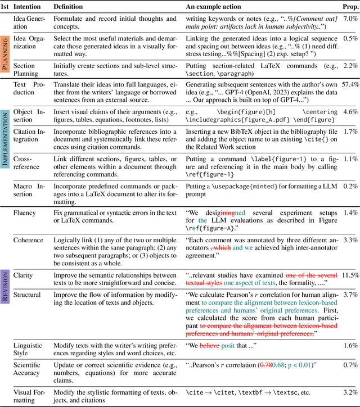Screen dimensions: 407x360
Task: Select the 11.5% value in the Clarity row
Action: [x=349, y=275]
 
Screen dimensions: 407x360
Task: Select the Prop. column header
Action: [x=349, y=7]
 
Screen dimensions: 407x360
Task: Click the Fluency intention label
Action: [x=24, y=213]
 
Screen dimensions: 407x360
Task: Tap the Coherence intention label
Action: [x=28, y=240]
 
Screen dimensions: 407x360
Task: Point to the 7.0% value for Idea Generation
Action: [x=350, y=19]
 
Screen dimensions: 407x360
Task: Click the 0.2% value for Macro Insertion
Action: [x=350, y=186]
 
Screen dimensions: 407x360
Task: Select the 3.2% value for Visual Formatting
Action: [x=350, y=392]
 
